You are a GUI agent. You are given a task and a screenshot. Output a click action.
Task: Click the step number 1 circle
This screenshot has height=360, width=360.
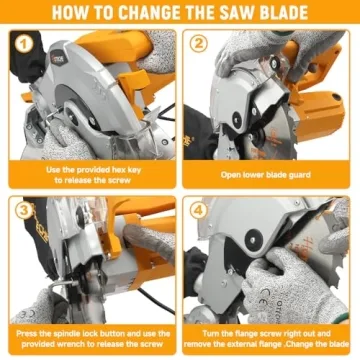point(21,44)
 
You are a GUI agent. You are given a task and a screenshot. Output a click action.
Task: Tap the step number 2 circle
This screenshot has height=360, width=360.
point(198,44)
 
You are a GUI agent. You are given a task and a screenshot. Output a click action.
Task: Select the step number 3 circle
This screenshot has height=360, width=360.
point(21,211)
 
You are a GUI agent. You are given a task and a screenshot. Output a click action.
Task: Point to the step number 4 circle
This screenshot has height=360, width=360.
point(198,211)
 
